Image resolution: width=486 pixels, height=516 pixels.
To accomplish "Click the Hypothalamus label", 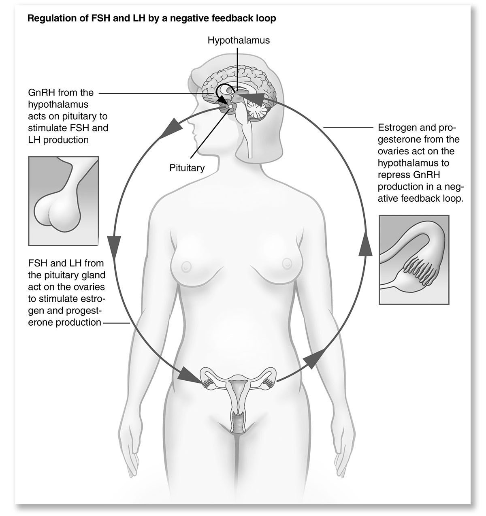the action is pyautogui.click(x=239, y=41).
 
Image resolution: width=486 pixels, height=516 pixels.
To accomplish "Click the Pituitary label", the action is pyautogui.click(x=187, y=168).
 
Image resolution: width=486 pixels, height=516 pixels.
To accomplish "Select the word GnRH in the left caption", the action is pyautogui.click(x=40, y=92).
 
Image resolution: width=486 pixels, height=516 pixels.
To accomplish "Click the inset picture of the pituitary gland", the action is pyautogui.click(x=64, y=201).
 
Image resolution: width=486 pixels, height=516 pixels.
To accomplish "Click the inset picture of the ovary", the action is pyautogui.click(x=414, y=260).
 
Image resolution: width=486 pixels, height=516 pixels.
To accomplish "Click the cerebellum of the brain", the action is pyautogui.click(x=258, y=111).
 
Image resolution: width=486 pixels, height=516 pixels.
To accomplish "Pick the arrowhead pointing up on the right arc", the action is pyautogui.click(x=365, y=245).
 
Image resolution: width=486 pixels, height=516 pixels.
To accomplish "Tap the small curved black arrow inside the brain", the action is pyautogui.click(x=223, y=93).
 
